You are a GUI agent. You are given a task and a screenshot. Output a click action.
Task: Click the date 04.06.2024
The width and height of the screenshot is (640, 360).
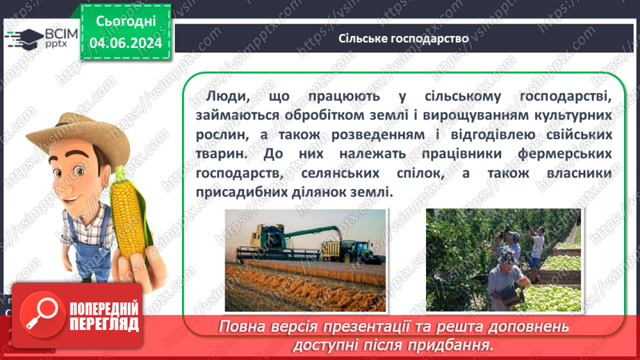tap(125, 43)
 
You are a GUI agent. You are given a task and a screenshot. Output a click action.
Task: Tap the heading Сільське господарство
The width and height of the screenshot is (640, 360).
tap(403, 38)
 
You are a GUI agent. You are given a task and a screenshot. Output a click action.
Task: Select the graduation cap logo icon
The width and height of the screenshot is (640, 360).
tap(22, 38)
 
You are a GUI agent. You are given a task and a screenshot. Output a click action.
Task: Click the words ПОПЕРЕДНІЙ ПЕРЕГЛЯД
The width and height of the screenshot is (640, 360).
tap(104, 317)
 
